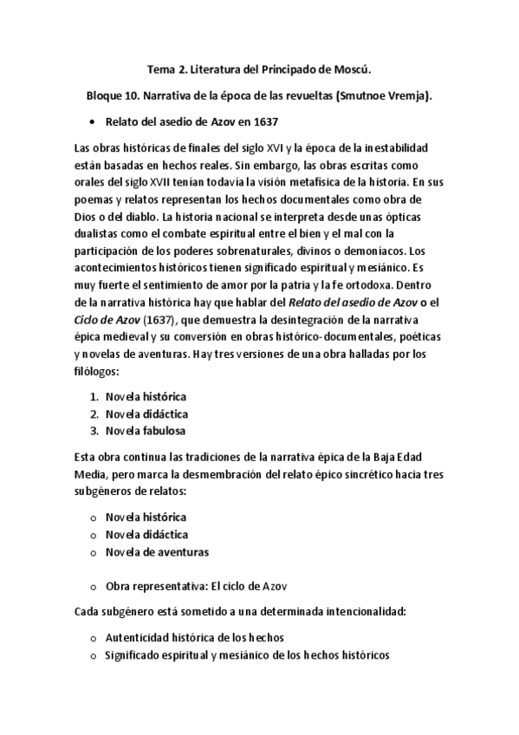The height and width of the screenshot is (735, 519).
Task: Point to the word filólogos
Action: pos(96,369)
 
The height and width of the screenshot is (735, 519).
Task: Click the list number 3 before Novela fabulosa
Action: pos(94,431)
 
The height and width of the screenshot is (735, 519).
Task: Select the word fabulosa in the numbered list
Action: pos(164,431)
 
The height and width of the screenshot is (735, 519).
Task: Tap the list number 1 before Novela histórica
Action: pos(94,396)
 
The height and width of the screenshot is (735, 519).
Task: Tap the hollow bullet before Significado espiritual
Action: pos(93,656)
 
